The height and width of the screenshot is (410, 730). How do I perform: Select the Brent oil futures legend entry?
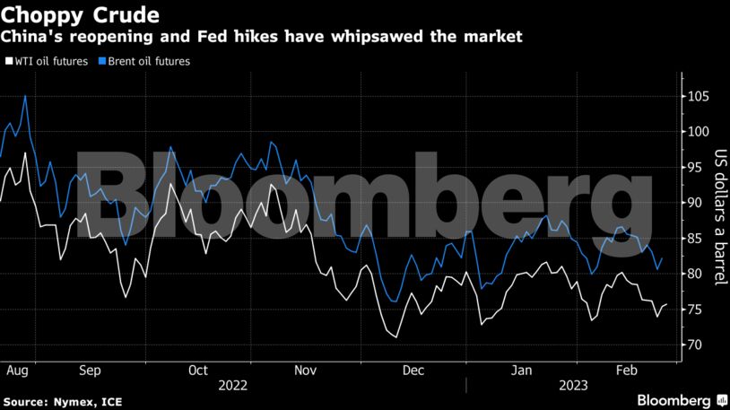[148, 62]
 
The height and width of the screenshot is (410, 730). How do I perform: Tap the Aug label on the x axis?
[16, 369]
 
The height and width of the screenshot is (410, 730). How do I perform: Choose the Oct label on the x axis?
[198, 369]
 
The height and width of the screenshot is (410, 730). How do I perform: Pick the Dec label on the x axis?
[413, 369]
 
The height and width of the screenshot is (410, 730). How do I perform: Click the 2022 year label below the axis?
[232, 384]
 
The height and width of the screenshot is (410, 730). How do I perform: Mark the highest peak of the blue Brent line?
[25, 95]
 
